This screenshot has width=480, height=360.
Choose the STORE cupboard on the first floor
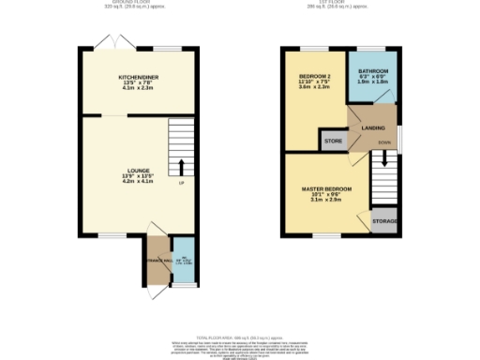pyautogui.click(x=333, y=142)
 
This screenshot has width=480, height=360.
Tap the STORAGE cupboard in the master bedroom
pyautogui.click(x=384, y=222)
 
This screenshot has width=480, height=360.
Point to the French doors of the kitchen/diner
pyautogui.click(x=112, y=43)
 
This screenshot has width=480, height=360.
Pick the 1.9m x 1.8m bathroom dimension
pyautogui.click(x=372, y=82)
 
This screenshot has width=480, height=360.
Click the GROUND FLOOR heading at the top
pyautogui.click(x=137, y=3)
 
